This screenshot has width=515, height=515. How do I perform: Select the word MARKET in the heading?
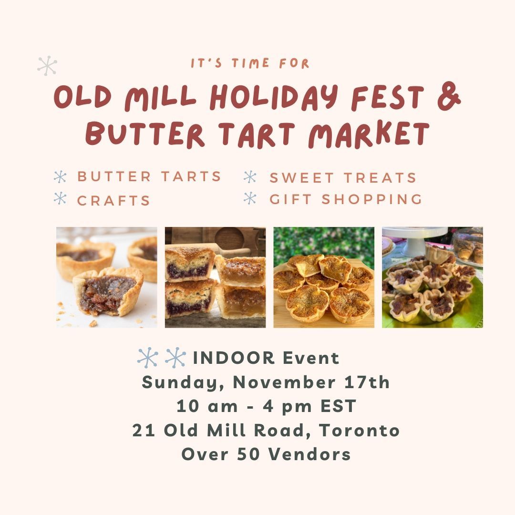(369, 134)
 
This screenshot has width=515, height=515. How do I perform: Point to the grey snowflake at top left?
(47, 65)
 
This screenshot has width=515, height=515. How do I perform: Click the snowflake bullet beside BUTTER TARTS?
(60, 177)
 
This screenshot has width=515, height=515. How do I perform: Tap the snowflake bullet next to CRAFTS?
(60, 198)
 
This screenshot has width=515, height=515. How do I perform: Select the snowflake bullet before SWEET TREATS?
(250, 177)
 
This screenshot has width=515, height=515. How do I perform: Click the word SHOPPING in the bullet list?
(372, 199)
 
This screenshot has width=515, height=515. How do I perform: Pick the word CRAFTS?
(113, 201)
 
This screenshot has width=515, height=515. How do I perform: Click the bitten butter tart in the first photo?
(108, 292)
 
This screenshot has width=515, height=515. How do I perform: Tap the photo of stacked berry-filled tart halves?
(215, 277)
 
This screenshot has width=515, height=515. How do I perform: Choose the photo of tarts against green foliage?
(324, 277)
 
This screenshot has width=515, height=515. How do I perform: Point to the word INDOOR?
(234, 358)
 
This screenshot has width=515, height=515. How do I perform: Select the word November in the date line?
(284, 382)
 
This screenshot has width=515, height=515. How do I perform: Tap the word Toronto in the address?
(359, 430)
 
